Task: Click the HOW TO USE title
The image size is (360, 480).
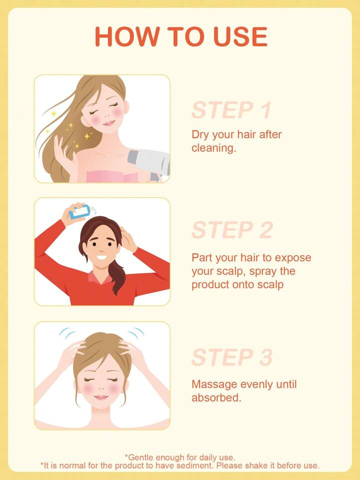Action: pos(181,37)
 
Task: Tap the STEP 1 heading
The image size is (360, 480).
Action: pos(231,110)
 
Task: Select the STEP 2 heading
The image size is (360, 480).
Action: pos(232,230)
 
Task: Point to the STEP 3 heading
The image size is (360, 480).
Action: pos(232,357)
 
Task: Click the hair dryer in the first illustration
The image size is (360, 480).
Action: pos(149,164)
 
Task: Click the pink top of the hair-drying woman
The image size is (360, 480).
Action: pos(112,177)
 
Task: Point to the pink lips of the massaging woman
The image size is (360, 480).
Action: pos(101,397)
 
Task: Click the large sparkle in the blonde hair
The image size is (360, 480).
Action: pos(87,136)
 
